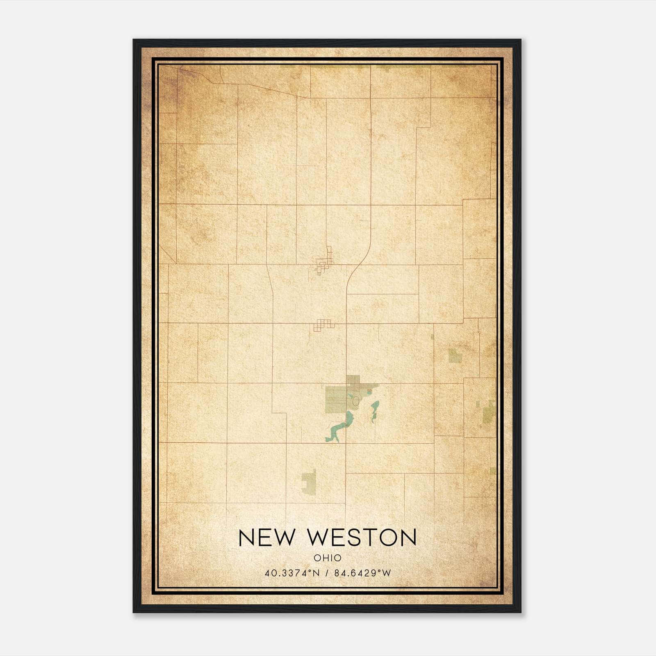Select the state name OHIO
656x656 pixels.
(328, 558)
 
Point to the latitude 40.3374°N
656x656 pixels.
(292, 573)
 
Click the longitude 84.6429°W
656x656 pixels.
(363, 573)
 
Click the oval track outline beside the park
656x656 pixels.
(356, 401)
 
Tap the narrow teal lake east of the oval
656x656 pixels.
(374, 412)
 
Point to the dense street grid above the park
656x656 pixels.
(353, 381)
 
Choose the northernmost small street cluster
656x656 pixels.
(324, 262)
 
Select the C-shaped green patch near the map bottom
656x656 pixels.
(310, 482)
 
